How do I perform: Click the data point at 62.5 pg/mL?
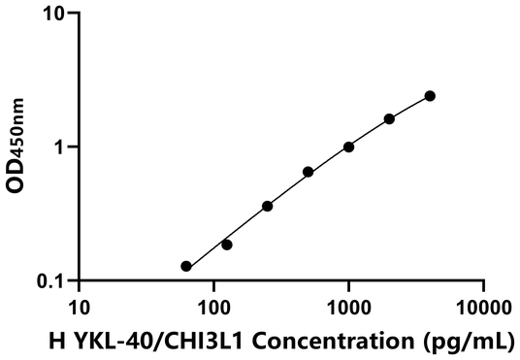pyautogui.click(x=186, y=266)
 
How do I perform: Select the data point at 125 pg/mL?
pyautogui.click(x=227, y=245)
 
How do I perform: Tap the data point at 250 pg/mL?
pyautogui.click(x=268, y=206)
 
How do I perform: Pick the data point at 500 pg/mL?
pyautogui.click(x=309, y=172)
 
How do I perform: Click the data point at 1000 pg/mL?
pyautogui.click(x=348, y=147)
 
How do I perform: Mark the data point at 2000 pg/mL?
pyautogui.click(x=389, y=118)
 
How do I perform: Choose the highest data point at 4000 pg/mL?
pyautogui.click(x=430, y=96)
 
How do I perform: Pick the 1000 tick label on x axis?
pyautogui.click(x=348, y=308)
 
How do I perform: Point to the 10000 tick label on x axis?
pyautogui.click(x=482, y=308)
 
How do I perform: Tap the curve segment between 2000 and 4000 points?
pyautogui.click(x=410, y=106)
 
